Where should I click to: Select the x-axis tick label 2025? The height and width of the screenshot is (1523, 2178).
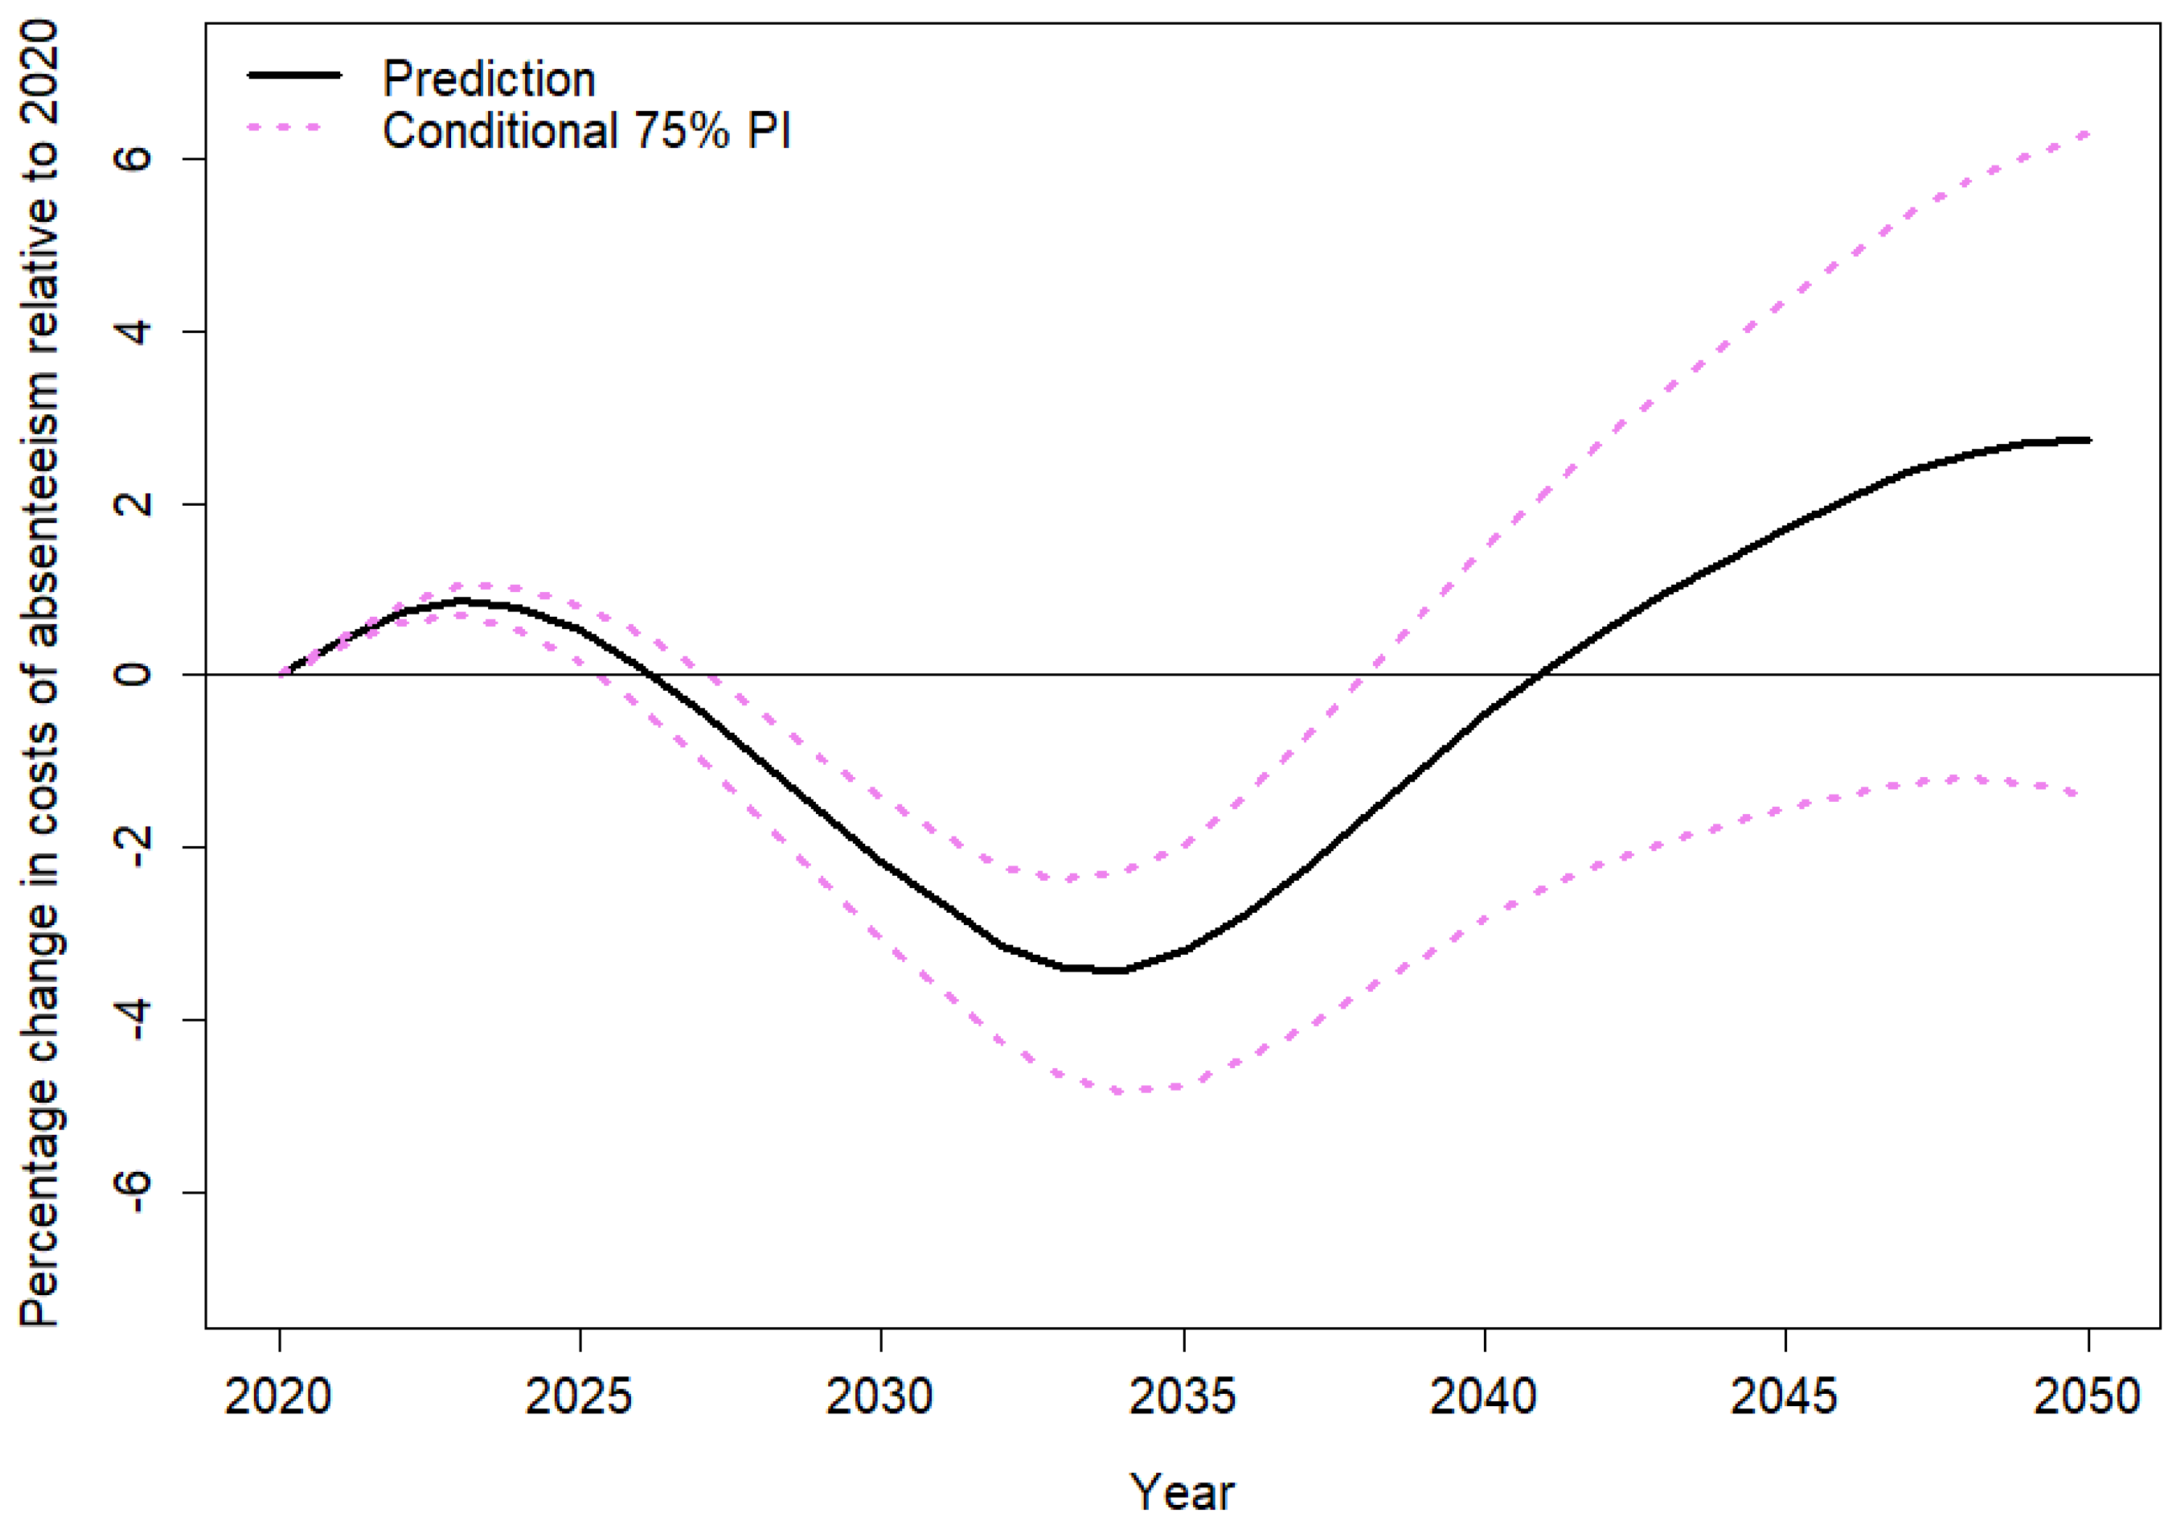(x=579, y=1396)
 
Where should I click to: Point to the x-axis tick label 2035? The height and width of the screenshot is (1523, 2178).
(x=1182, y=1396)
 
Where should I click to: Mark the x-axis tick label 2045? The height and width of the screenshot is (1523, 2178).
(x=1783, y=1396)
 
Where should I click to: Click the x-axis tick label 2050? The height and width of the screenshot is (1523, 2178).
(x=2086, y=1396)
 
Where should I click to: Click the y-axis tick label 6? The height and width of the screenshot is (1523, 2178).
(x=133, y=158)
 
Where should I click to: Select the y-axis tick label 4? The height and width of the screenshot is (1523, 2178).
(x=133, y=331)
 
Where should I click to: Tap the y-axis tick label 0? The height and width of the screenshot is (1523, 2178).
(x=133, y=675)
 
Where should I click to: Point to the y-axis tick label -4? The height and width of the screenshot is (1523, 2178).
(x=133, y=1019)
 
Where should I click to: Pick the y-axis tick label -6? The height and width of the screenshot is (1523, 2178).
(x=133, y=1192)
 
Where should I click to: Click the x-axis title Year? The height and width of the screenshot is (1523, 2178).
(x=1182, y=1492)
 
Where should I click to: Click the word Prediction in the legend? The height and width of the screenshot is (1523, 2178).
(x=489, y=79)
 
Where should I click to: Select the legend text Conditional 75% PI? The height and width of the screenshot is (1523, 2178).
(x=586, y=131)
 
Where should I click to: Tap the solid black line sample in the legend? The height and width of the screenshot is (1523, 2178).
(x=294, y=75)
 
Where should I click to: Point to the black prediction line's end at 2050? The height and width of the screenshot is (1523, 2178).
(x=2087, y=440)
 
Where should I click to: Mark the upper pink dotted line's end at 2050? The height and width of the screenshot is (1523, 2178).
(x=2085, y=134)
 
